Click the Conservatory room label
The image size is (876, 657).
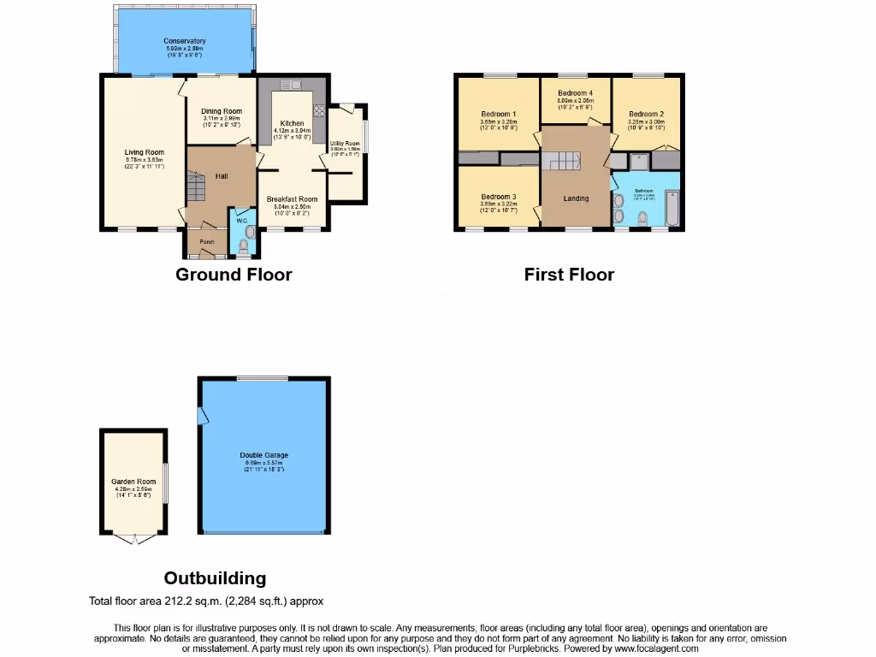185,41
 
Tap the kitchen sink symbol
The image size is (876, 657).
290,86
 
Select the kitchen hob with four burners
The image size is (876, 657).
319,110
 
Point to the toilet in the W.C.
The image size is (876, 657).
249,232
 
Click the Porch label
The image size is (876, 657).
206,242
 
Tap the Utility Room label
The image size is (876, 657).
345,144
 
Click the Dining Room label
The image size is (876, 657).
222,111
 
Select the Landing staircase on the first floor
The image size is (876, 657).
565,161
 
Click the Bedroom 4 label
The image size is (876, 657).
575,93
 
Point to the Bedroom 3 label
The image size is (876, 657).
498,196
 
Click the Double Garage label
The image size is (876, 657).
264,455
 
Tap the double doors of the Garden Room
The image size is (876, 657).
133,539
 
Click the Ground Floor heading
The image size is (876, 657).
234,275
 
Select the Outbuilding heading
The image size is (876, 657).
215,578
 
